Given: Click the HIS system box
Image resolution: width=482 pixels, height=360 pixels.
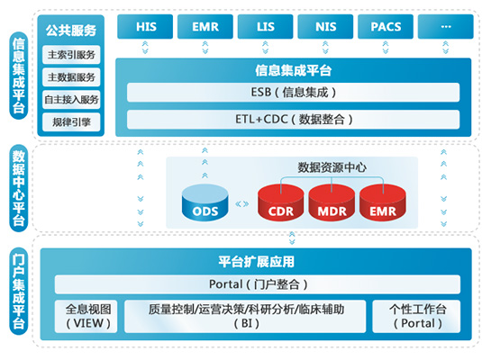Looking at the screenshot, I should pos(147,27).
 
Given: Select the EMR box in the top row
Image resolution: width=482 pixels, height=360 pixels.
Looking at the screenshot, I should pos(205,27).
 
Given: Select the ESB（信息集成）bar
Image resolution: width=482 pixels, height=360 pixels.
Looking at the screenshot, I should pos(293,92).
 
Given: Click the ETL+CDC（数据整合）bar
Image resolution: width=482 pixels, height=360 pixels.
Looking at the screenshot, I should pos(293,119).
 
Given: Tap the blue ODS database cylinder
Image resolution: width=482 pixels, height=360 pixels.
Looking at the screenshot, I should pos(204,204).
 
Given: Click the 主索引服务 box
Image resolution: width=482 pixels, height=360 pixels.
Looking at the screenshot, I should pos(71,54).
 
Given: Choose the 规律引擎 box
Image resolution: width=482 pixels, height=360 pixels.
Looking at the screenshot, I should pos(71,121).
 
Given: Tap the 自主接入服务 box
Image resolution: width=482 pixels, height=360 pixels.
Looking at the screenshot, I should pos(71,99).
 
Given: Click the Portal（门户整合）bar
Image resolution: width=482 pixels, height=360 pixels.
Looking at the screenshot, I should pos(258,285).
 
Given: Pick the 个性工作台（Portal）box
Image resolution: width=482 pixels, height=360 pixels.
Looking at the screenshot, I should pos(414,315).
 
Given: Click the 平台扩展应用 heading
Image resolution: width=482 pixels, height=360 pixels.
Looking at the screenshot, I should pos(257,262).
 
